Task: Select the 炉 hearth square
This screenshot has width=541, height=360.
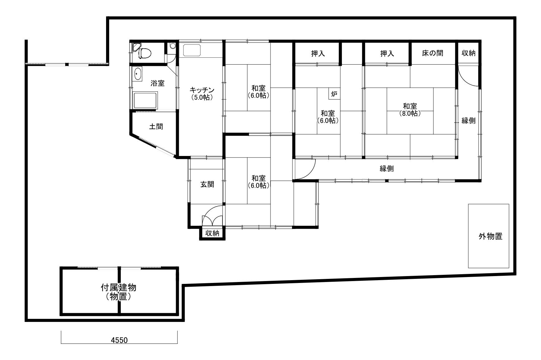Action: [x=334, y=94]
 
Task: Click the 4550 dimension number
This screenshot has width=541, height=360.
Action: [x=119, y=340]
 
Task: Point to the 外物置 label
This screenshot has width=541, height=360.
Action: [x=490, y=236]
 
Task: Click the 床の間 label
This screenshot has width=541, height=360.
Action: [x=432, y=53]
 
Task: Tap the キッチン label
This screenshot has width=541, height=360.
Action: [x=202, y=90]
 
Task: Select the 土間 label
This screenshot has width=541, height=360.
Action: [x=156, y=127]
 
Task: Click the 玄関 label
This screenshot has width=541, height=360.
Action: [x=207, y=184]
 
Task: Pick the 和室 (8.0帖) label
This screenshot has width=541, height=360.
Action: [x=410, y=110]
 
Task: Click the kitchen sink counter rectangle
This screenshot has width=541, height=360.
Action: [x=193, y=50]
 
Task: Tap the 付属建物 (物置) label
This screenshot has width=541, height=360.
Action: [x=119, y=292]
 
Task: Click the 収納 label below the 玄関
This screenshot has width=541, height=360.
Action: [x=212, y=233]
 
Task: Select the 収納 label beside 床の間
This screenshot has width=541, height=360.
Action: [x=469, y=53]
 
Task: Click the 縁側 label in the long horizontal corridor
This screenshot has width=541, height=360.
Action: [x=387, y=169]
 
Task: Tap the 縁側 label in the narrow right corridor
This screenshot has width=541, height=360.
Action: [x=469, y=121]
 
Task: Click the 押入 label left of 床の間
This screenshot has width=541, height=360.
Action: [x=387, y=54]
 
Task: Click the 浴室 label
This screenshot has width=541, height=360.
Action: [x=158, y=83]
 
